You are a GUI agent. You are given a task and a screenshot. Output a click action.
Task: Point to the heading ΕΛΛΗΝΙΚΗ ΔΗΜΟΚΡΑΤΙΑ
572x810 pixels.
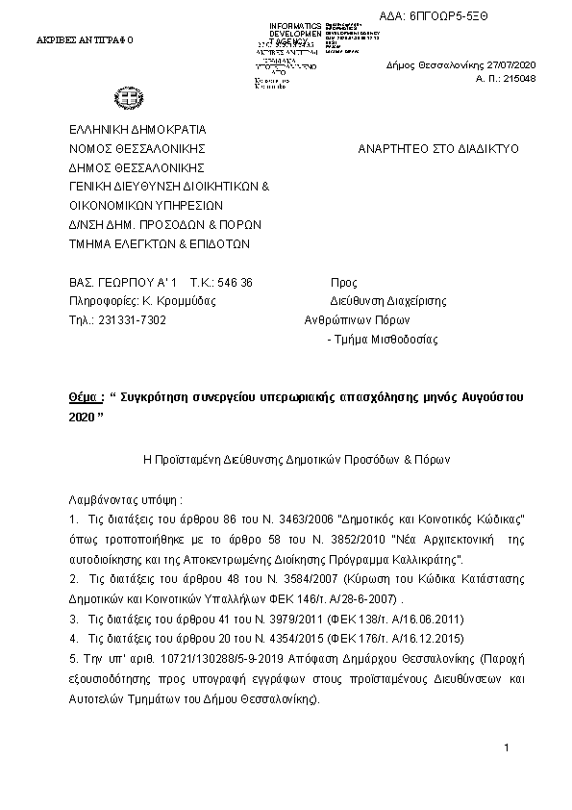(137, 130)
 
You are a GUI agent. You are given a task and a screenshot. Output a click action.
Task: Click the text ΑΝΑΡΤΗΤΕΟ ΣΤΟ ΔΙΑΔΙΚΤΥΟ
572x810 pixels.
(437, 149)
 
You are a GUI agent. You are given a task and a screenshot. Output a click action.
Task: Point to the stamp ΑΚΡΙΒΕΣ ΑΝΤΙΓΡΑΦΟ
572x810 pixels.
(86, 41)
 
